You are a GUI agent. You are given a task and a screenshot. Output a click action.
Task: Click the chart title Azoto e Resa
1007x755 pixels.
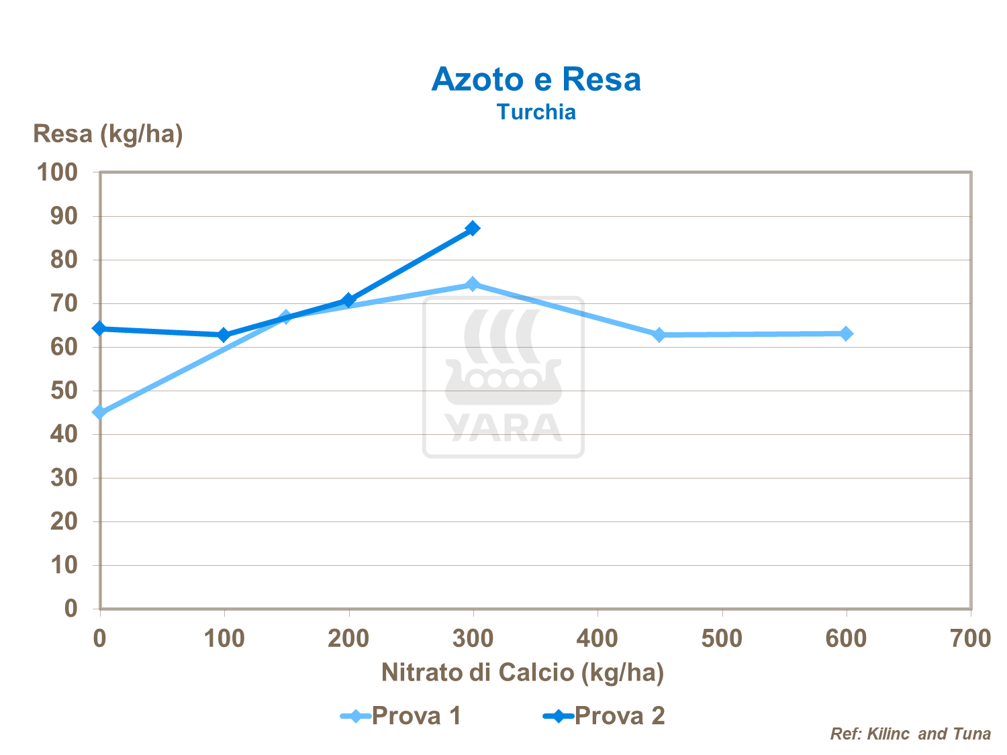click(x=536, y=79)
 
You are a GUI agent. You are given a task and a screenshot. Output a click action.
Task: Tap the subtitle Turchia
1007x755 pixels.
click(x=536, y=111)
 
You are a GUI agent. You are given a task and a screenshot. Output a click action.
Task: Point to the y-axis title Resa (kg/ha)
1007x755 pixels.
click(x=108, y=134)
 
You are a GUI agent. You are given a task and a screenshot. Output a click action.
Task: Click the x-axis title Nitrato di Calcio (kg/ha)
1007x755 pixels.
click(x=522, y=672)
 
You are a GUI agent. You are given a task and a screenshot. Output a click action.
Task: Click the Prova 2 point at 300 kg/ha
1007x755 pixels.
click(x=473, y=228)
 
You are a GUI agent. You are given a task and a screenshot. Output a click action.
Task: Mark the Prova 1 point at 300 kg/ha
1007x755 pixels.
click(x=473, y=284)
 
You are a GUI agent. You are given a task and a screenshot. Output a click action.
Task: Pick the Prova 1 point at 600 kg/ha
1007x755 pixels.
click(x=846, y=334)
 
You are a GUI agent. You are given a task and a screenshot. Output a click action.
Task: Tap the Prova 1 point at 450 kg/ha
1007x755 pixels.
click(x=659, y=334)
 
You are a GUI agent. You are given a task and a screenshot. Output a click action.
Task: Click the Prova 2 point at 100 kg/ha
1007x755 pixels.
click(x=224, y=334)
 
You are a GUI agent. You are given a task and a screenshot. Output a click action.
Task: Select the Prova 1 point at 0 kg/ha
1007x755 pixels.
click(x=100, y=412)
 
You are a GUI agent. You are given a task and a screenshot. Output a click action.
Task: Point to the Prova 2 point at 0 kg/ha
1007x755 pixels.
click(x=100, y=328)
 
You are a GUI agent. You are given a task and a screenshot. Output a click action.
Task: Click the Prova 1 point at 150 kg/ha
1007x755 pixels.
click(x=286, y=317)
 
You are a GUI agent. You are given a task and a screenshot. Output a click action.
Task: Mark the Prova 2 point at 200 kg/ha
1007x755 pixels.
click(x=348, y=300)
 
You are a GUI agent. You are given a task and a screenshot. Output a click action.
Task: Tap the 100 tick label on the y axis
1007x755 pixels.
click(x=57, y=172)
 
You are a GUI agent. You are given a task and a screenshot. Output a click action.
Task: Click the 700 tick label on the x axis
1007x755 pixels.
click(x=970, y=638)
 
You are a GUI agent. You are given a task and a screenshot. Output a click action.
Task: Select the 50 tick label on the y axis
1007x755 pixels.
click(x=64, y=391)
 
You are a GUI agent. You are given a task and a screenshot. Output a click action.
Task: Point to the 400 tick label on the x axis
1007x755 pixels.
click(x=597, y=638)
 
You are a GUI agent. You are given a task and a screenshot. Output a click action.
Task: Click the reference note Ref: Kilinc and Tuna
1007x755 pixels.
click(x=910, y=734)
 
